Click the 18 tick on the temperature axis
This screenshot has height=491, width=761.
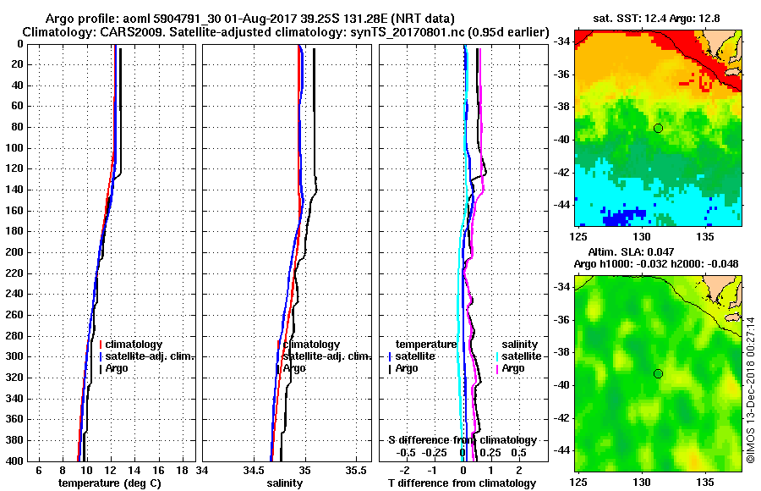(181, 470)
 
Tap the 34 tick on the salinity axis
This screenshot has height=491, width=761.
(203, 470)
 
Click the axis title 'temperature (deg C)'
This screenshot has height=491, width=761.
(109, 483)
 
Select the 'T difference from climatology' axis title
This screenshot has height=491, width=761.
(462, 483)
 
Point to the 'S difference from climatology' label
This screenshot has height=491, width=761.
(462, 440)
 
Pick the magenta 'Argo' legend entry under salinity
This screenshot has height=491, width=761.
(513, 368)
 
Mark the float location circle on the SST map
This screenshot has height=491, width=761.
(658, 128)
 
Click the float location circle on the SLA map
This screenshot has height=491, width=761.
(658, 373)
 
